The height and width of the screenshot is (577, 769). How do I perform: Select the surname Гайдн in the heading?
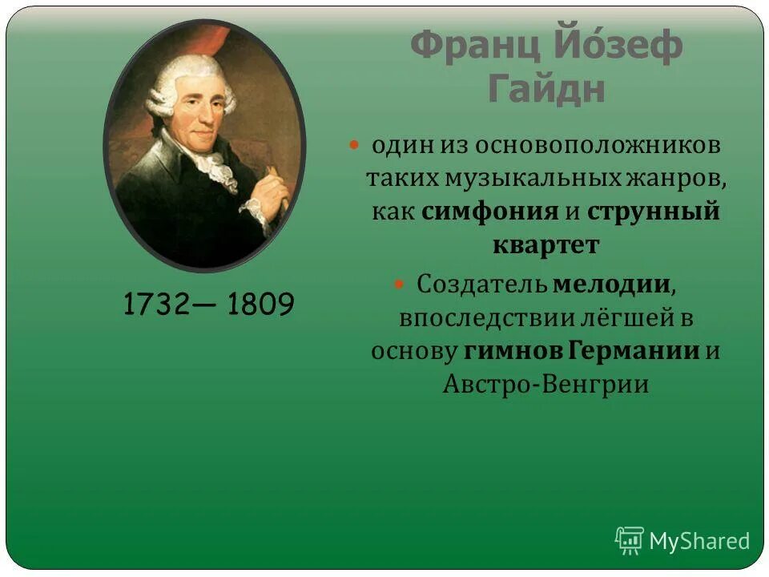point(546,89)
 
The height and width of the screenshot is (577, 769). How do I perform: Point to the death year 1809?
point(260,304)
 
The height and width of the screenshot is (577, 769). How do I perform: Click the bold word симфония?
point(489,212)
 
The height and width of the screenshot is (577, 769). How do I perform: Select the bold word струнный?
point(653,212)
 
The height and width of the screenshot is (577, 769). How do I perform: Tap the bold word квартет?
point(546,244)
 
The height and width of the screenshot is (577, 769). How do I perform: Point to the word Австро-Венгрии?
point(546,384)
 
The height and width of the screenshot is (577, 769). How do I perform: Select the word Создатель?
point(482,284)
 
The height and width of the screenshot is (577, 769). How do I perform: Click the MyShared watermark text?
point(699,541)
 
